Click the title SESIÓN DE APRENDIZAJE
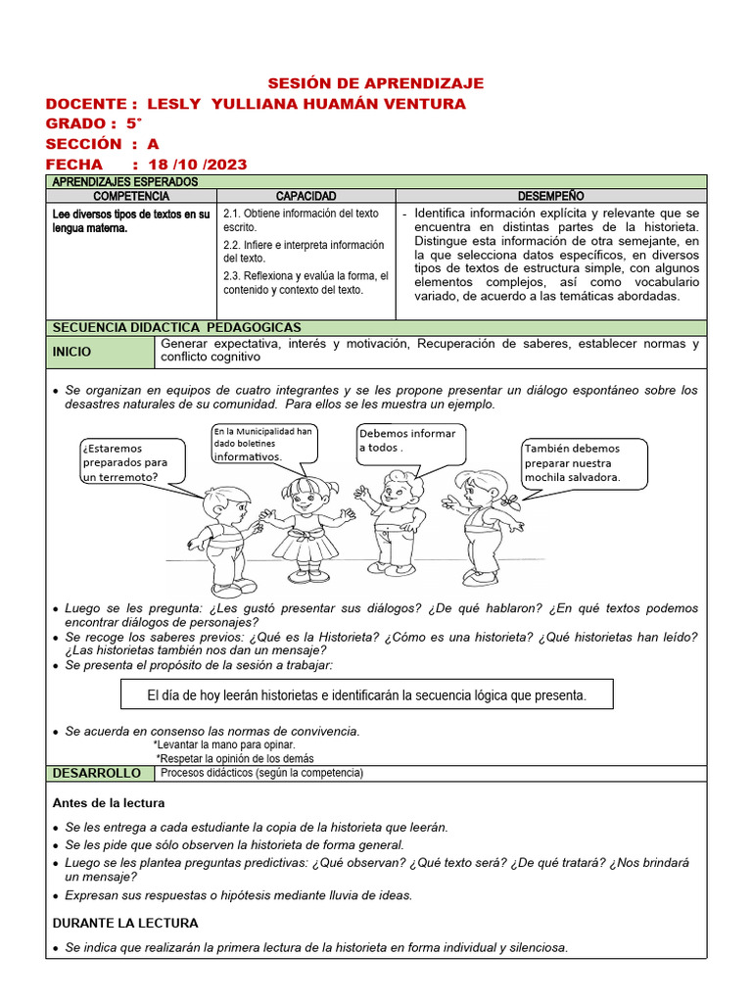pyautogui.click(x=376, y=83)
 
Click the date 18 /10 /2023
pyautogui.click(x=197, y=164)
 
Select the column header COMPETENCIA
pyautogui.click(x=131, y=196)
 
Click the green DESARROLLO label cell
pyautogui.click(x=100, y=774)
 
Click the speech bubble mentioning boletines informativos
pyautogui.click(x=263, y=444)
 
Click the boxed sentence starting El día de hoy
pyautogui.click(x=366, y=695)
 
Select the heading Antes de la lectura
pyautogui.click(x=109, y=803)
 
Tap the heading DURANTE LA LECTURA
pyautogui.click(x=125, y=923)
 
